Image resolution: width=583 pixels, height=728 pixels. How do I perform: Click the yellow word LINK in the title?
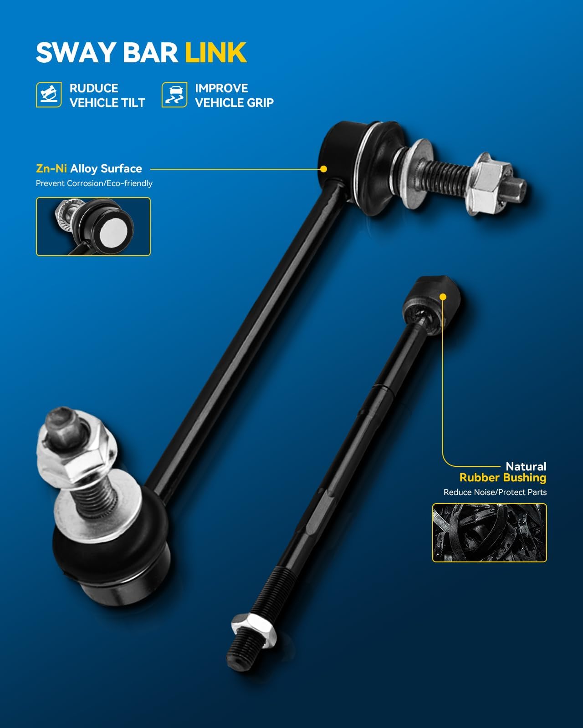coord(215,52)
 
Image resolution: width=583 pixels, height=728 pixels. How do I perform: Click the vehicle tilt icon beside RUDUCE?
coord(49,95)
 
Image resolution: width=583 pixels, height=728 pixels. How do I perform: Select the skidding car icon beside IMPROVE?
coord(174,95)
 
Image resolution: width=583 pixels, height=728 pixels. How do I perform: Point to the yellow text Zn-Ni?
coord(51,169)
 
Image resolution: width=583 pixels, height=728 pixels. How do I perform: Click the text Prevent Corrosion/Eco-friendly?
coord(94,183)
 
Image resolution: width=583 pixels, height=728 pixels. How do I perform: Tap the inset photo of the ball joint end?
coord(93,227)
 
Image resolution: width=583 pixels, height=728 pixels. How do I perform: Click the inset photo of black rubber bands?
coord(489,533)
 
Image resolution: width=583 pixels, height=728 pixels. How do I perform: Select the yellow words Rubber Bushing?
coord(502,478)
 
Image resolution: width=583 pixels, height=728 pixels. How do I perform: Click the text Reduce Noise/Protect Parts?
coord(495,492)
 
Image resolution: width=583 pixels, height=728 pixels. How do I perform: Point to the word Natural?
coord(526,466)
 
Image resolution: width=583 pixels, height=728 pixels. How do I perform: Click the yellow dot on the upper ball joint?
coord(323,169)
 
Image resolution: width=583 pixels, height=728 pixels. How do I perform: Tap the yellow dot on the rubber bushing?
coord(443,297)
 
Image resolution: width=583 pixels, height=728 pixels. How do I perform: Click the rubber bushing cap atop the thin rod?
coord(431,300)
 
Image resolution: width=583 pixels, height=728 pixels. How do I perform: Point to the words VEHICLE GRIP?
coord(234,103)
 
